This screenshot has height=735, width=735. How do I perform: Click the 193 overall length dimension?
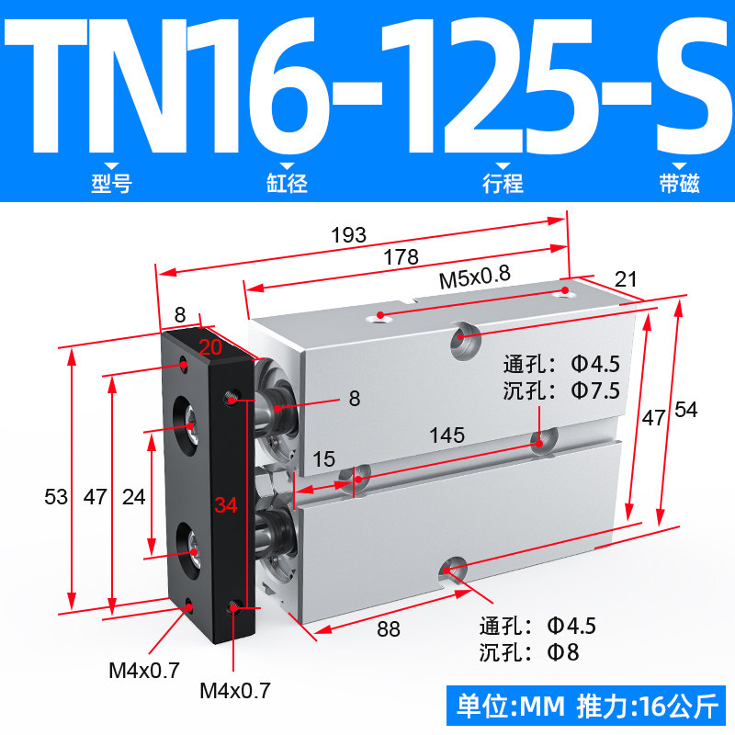(348, 234)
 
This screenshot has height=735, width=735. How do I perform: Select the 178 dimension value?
(401, 257)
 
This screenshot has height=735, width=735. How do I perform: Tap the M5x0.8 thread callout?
(474, 277)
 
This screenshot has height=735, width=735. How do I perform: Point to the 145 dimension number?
(447, 435)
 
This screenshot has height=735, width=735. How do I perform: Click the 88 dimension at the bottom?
(389, 629)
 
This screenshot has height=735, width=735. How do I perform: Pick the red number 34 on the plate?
(226, 504)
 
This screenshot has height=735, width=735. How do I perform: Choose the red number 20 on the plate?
(210, 347)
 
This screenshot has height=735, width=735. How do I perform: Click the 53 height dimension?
(56, 497)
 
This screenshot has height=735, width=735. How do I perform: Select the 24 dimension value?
(133, 497)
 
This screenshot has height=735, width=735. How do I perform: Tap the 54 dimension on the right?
(686, 410)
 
